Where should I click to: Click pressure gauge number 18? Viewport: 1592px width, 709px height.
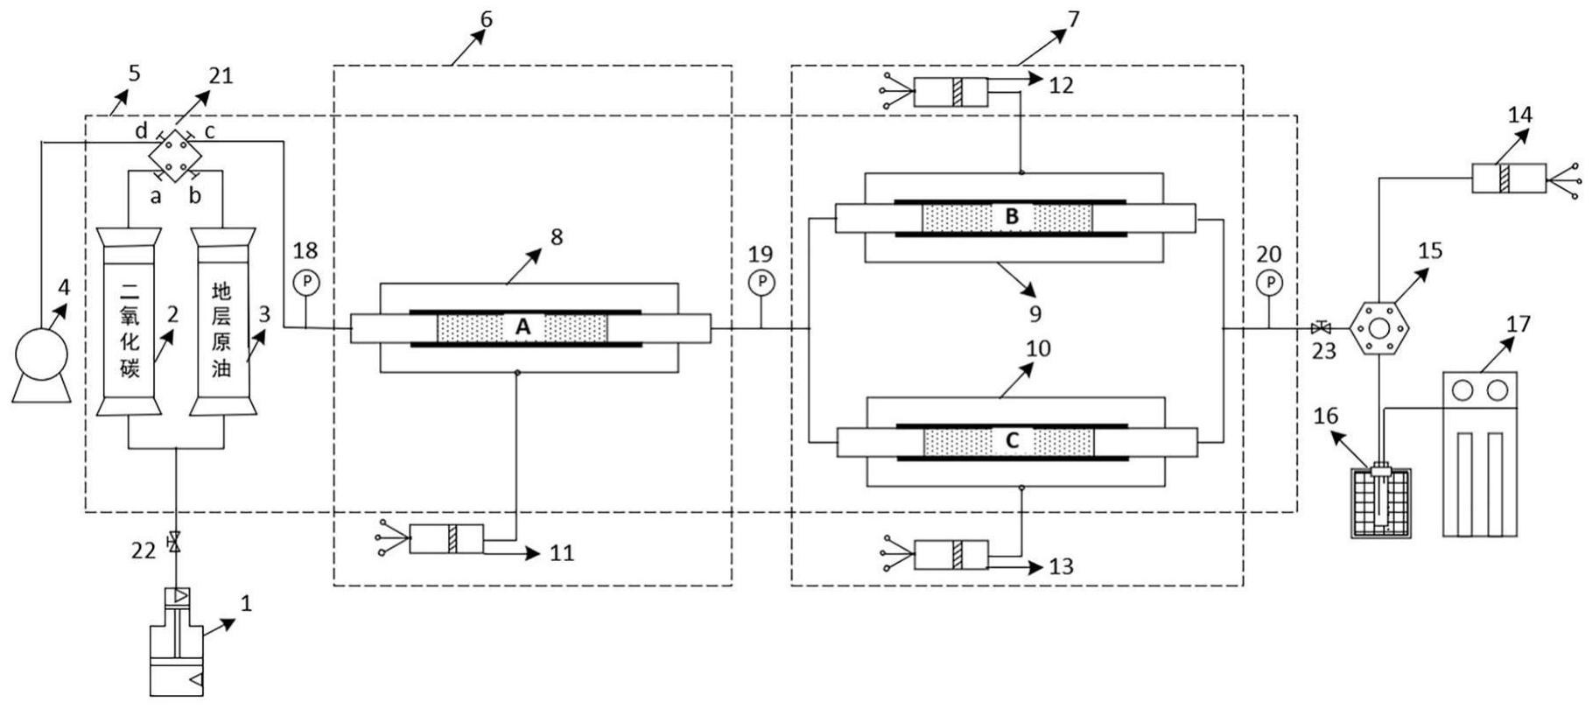(x=305, y=282)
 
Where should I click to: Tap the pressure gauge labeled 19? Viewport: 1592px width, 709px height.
(x=761, y=282)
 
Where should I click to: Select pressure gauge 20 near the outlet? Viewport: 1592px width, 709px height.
(x=1269, y=282)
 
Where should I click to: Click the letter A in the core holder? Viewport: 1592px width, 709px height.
(x=522, y=327)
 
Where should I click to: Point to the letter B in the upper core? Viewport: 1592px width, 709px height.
(x=1012, y=217)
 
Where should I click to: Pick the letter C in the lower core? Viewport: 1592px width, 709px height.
(x=1012, y=441)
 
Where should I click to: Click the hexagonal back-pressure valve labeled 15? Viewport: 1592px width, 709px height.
(x=1380, y=329)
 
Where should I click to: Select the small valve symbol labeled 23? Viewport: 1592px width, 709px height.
(x=1321, y=329)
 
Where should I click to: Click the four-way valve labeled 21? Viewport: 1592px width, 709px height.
(x=175, y=156)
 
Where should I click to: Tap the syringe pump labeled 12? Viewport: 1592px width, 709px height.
(x=950, y=91)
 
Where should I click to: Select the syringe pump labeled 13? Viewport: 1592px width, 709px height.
(x=950, y=554)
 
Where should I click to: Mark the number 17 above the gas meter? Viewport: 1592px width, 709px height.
(x=1518, y=325)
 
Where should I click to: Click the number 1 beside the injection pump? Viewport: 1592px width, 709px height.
(x=246, y=603)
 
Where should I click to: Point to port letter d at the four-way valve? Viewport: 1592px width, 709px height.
(x=140, y=131)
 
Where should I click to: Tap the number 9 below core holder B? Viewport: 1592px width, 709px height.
(x=1034, y=312)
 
